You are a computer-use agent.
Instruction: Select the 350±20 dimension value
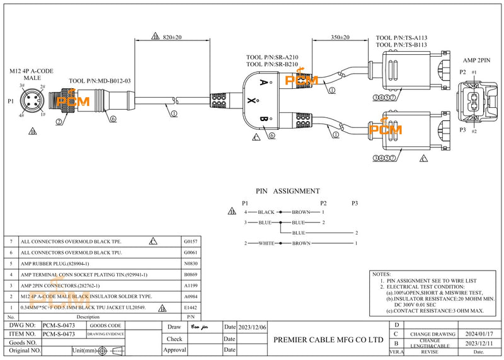[341, 38]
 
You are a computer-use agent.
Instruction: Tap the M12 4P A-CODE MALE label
[32, 74]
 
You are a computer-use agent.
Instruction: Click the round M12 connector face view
[32, 102]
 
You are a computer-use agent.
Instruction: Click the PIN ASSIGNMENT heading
[287, 191]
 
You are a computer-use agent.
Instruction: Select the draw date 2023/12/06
[253, 327]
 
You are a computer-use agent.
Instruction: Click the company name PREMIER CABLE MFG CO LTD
[328, 339]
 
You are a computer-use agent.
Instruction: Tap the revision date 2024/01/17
[477, 334]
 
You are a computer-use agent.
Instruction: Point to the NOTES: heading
[382, 275]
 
